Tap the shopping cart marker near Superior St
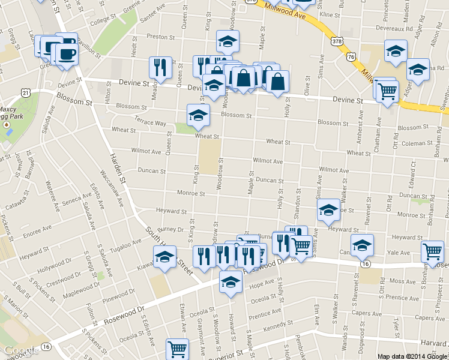[x=177, y=348]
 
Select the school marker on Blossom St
[x=199, y=115]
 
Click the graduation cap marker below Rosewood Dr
[x=231, y=281]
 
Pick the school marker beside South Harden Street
[x=165, y=256]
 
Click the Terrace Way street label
[x=150, y=122]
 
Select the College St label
[x=102, y=21]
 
